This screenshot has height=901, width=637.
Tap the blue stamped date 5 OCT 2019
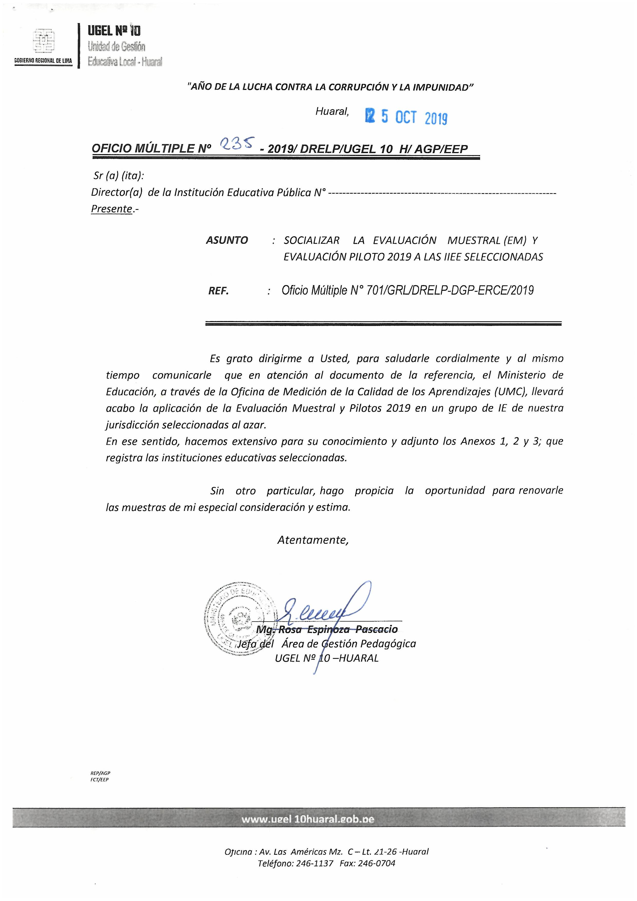[x=406, y=117]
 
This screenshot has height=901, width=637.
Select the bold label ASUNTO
[x=227, y=240]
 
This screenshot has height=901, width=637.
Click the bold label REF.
[x=219, y=291]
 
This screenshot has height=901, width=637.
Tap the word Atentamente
[x=313, y=540]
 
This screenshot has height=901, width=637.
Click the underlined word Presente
[x=111, y=209]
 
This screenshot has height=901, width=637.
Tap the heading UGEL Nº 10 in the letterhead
[x=114, y=31]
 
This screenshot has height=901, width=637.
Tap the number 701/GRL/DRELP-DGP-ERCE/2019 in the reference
[x=449, y=290]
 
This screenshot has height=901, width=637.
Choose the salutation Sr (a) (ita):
[x=118, y=176]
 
